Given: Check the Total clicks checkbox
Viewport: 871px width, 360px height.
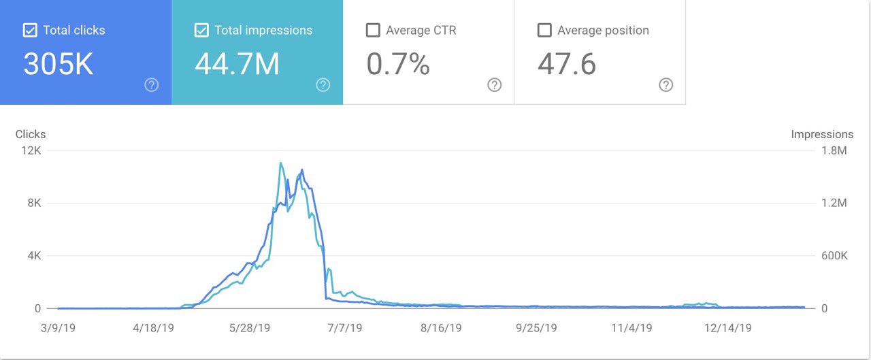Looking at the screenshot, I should point(30,31).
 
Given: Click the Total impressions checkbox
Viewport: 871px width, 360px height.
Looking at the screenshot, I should point(201,31).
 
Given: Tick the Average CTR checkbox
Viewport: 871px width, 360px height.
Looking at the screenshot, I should point(373,31).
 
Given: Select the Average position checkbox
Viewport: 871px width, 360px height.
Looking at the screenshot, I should point(544,31).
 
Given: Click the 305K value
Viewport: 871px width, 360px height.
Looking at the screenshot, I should point(59,64).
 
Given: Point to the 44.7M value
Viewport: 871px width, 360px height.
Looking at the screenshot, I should point(237,64).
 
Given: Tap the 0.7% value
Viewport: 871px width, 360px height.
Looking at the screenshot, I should point(398,64).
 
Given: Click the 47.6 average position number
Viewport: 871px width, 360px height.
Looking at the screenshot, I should point(567,64).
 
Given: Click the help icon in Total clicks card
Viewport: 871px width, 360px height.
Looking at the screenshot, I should point(152,85).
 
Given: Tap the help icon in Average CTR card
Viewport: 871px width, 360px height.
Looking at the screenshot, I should point(495,85).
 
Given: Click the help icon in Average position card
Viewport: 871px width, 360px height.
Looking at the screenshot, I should point(666,85).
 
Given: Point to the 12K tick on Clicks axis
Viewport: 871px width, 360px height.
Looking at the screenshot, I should point(31,150).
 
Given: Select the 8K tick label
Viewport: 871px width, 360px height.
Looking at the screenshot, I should point(34,203).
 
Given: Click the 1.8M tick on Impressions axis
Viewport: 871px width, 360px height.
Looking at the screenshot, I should point(833,150).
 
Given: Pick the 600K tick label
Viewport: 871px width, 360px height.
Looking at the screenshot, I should point(833,256).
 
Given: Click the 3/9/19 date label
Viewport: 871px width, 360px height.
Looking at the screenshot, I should point(59,327).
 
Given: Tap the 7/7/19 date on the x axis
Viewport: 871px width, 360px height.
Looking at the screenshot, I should point(344,327).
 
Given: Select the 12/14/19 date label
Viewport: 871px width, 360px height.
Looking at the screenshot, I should point(728,327).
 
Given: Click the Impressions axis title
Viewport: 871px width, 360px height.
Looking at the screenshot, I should point(822,134).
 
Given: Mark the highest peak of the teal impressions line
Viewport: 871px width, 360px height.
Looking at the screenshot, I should point(280,163).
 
